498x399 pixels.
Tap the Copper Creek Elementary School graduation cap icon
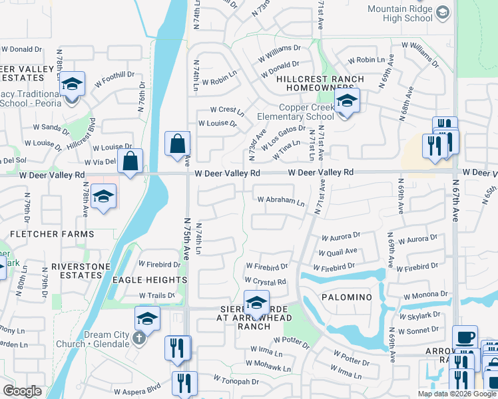click(x=346, y=101)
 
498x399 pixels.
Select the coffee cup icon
click(x=465, y=337)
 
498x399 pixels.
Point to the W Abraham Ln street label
click(x=281, y=199)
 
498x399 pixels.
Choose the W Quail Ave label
click(x=338, y=252)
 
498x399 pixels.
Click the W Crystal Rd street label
click(x=266, y=282)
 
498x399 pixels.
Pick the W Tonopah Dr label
click(x=236, y=381)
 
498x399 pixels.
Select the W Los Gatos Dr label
click(x=284, y=136)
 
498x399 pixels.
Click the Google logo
click(x=23, y=391)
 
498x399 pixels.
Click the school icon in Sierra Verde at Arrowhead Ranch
click(x=256, y=303)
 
